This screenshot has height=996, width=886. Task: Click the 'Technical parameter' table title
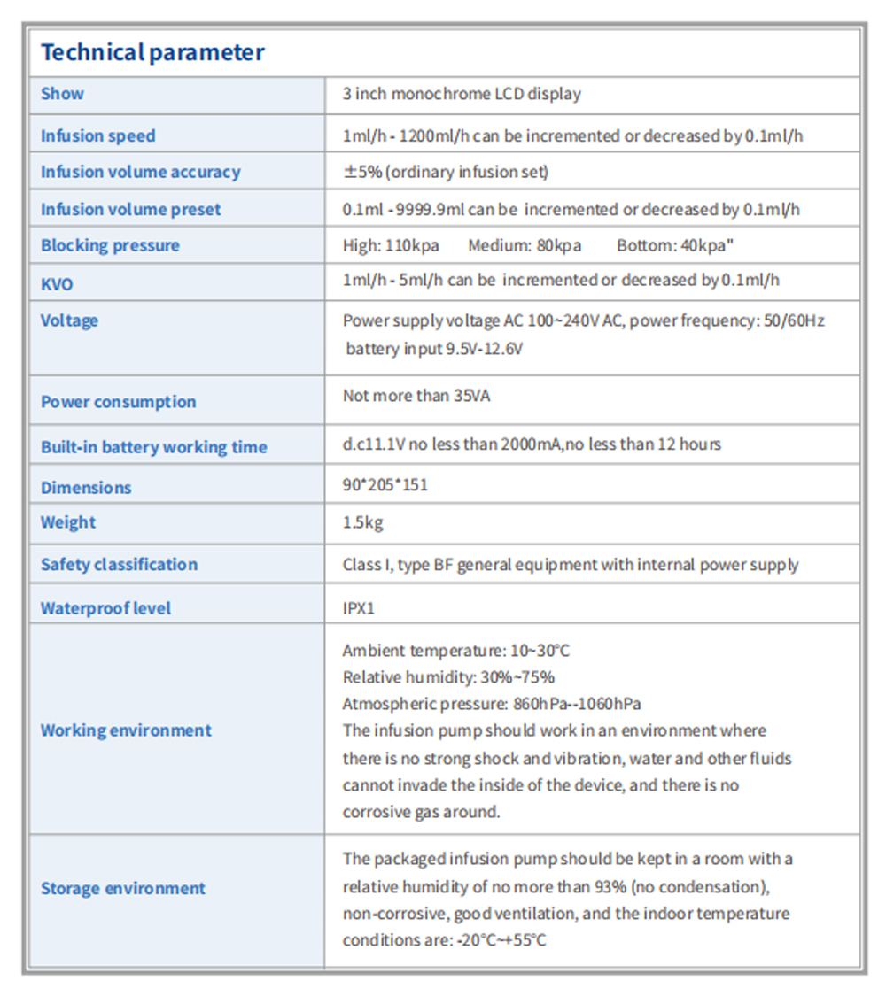click(x=152, y=52)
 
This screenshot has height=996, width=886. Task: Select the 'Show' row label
click(x=62, y=94)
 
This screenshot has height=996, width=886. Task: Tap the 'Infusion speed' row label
click(x=97, y=135)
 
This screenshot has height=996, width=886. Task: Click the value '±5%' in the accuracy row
click(x=362, y=172)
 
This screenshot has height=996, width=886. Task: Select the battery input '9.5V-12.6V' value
click(x=484, y=349)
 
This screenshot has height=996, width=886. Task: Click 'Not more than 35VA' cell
click(x=416, y=396)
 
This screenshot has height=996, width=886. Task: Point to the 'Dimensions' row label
click(x=86, y=487)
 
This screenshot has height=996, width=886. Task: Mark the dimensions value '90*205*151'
click(x=385, y=485)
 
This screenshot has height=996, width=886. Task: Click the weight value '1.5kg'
click(x=363, y=522)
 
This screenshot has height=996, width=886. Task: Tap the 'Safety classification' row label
click(x=119, y=564)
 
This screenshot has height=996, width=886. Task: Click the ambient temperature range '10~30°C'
click(x=540, y=651)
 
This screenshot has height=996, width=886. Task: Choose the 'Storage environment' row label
click(x=123, y=888)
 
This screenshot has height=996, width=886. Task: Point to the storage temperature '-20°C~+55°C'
click(x=501, y=939)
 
